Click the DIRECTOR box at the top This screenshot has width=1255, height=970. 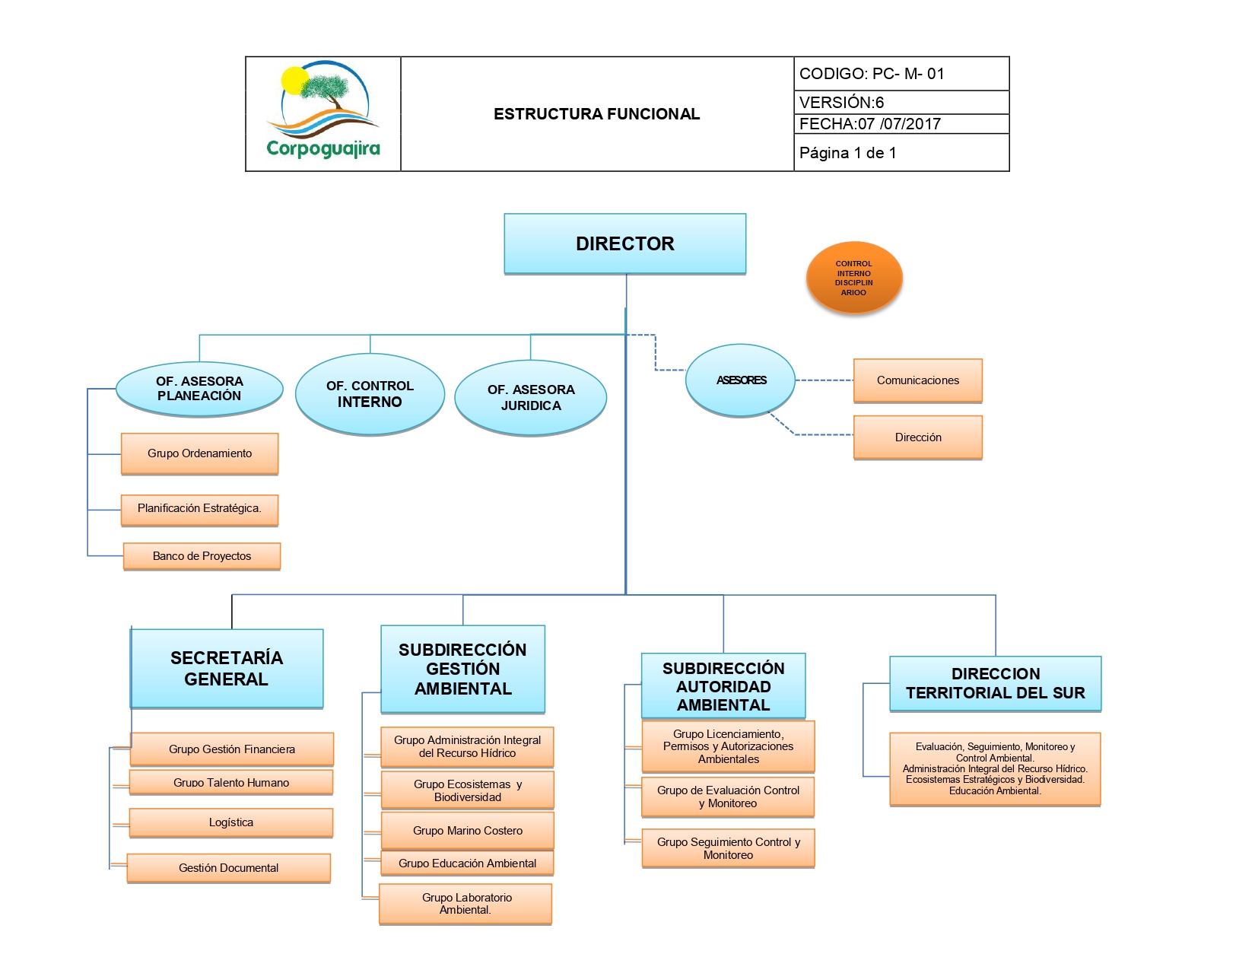point(624,243)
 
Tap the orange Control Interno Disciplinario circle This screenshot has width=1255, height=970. point(853,278)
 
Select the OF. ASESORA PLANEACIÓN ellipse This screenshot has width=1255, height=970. point(199,389)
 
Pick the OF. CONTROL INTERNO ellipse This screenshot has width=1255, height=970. point(370,394)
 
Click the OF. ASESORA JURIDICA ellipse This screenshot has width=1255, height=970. point(531,397)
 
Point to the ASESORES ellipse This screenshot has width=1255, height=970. point(740,380)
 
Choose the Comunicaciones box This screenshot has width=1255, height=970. point(917,380)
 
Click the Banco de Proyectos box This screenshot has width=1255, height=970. point(202,556)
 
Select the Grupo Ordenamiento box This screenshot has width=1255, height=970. point(199,453)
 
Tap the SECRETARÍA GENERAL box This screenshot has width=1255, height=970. point(227,668)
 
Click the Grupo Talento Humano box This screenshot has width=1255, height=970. point(231,782)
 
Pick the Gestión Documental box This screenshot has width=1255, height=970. point(228,868)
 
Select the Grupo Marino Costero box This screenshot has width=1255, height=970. point(467,831)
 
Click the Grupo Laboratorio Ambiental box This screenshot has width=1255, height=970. point(465,904)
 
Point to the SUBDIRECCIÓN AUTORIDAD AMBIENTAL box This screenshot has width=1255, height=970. point(723,686)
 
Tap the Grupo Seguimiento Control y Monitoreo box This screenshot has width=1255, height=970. point(728,848)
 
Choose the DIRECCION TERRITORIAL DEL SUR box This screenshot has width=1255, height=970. point(995,683)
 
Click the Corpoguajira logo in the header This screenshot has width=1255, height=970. point(323,113)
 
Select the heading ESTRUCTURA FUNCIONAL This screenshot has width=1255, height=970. point(596,114)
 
